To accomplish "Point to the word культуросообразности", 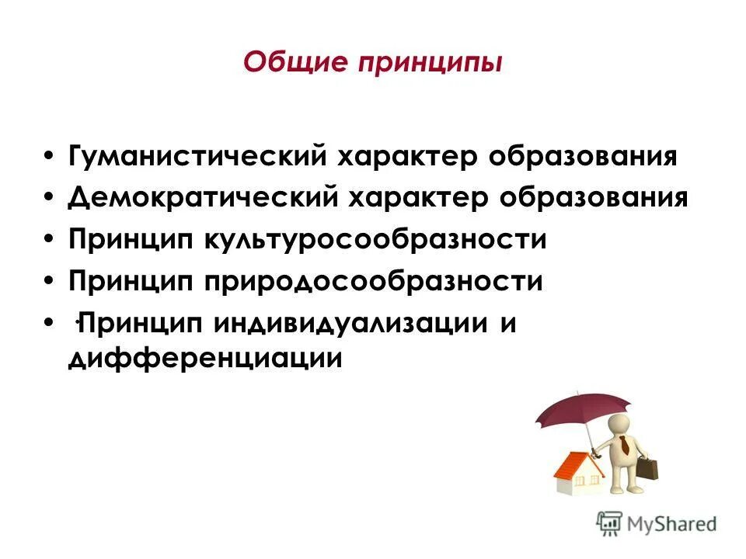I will (376, 239).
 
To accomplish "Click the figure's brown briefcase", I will (649, 470).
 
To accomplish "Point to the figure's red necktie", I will (624, 445).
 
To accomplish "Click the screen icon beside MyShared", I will (609, 523).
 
